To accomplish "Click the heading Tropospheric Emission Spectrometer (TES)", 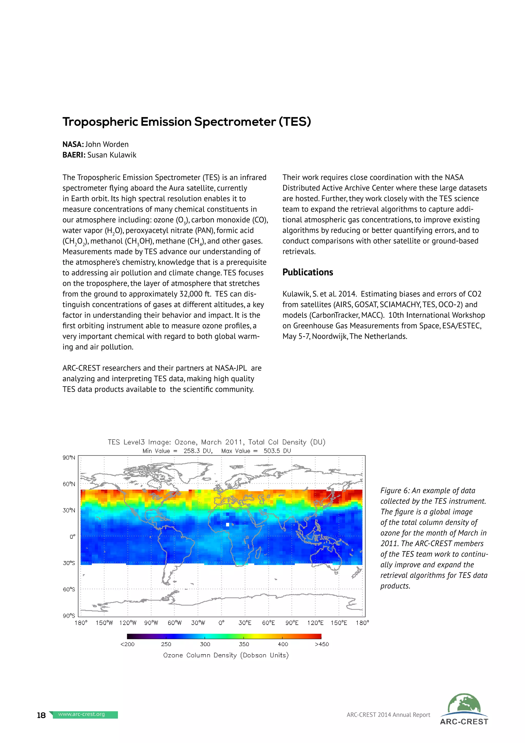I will tap(187, 122).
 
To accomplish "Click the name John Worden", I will tap(107, 144).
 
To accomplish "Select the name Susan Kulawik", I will tap(112, 155).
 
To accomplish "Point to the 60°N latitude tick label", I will tap(69, 484).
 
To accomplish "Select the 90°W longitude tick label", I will tap(151, 623).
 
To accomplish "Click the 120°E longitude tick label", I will tap(315, 623).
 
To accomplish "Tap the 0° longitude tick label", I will tap(221, 623).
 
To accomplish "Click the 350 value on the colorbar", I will tap(244, 644).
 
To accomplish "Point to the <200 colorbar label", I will tap(127, 644).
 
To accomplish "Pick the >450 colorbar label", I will tap(322, 644).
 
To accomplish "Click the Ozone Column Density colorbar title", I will tap(226, 655).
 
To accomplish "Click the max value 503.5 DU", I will tap(277, 451).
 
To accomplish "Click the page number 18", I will tap(41, 715).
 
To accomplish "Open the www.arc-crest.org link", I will tap(82, 714).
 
